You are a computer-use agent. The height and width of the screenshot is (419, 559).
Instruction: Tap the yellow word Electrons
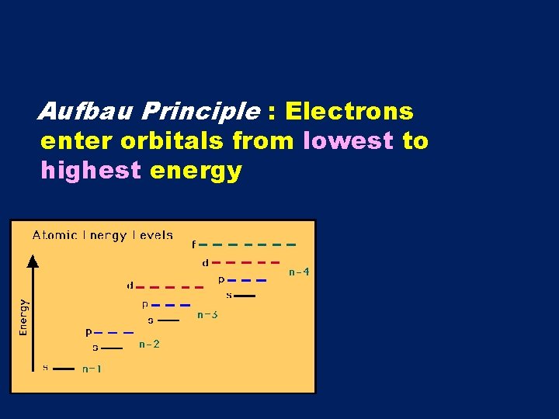click(x=349, y=113)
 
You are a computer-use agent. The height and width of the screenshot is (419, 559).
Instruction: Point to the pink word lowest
click(x=349, y=141)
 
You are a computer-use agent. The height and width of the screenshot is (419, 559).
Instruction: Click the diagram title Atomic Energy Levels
click(x=102, y=235)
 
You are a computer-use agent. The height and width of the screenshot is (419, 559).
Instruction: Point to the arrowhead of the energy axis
click(x=33, y=261)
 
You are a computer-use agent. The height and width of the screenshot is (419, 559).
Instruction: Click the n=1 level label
click(x=92, y=369)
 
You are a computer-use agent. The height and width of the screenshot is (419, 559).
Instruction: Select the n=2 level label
click(x=149, y=344)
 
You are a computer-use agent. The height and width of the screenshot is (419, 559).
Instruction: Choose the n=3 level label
click(x=207, y=315)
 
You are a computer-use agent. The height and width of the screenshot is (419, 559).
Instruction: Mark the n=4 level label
click(x=299, y=272)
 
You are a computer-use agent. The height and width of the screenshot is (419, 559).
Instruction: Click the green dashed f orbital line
click(x=248, y=244)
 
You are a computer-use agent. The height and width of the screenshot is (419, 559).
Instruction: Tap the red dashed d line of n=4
click(x=245, y=262)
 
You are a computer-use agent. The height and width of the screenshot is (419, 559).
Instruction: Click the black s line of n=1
click(x=64, y=369)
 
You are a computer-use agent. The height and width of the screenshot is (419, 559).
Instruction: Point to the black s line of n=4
click(x=245, y=296)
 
